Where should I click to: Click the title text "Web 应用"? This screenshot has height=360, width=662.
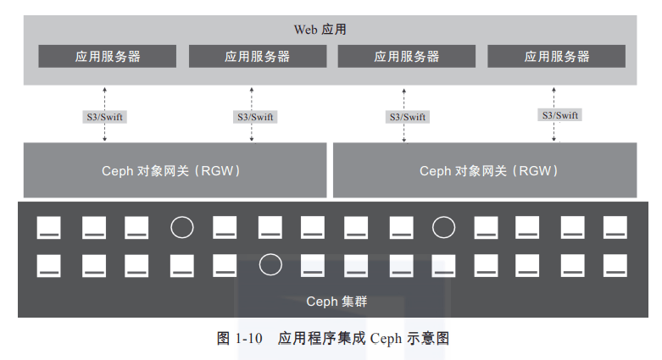click(x=320, y=29)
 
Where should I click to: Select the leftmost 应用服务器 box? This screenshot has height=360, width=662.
click(x=108, y=56)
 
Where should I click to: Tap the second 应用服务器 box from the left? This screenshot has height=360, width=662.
click(x=258, y=56)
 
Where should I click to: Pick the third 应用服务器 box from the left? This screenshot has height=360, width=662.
click(x=407, y=56)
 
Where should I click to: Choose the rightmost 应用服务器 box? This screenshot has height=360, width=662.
click(x=556, y=56)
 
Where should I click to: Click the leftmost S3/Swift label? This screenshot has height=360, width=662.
click(x=105, y=117)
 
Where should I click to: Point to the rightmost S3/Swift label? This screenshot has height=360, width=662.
click(x=559, y=115)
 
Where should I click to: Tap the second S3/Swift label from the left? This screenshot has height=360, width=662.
click(x=255, y=117)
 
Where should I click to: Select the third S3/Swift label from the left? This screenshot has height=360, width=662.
click(x=408, y=117)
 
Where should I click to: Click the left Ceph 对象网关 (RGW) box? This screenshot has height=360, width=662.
click(x=175, y=170)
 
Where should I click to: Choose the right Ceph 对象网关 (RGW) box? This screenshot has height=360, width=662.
click(x=485, y=170)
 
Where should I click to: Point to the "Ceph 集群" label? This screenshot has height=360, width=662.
click(x=337, y=302)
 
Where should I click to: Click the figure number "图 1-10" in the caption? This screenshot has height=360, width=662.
click(x=239, y=338)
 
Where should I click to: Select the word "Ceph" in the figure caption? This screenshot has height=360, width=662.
click(x=386, y=339)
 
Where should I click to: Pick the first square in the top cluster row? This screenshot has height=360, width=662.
click(x=48, y=228)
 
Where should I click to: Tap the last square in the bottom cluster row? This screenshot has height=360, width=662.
click(x=615, y=265)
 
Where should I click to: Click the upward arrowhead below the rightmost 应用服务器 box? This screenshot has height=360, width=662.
click(x=554, y=90)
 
